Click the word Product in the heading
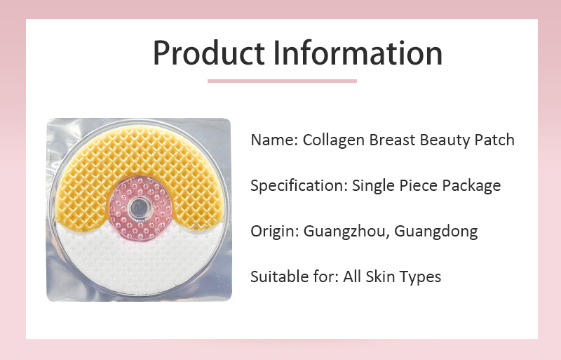[207, 53]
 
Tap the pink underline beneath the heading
[282, 81]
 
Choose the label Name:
[273, 140]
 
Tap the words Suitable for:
[294, 276]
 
